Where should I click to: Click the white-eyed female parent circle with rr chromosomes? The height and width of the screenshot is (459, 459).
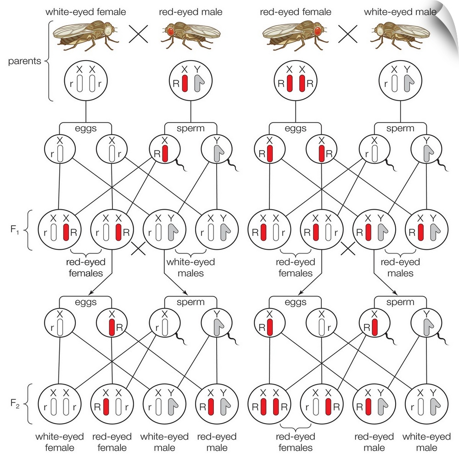(x=86, y=83)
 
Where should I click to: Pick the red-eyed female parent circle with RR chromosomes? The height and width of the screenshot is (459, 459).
(x=296, y=83)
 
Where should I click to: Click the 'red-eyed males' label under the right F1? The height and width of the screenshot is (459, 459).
(x=400, y=268)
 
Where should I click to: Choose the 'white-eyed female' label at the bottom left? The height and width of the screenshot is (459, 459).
(x=59, y=441)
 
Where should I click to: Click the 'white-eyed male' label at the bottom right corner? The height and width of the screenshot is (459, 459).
(x=426, y=441)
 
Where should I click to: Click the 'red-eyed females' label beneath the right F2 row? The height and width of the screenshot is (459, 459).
(x=296, y=441)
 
